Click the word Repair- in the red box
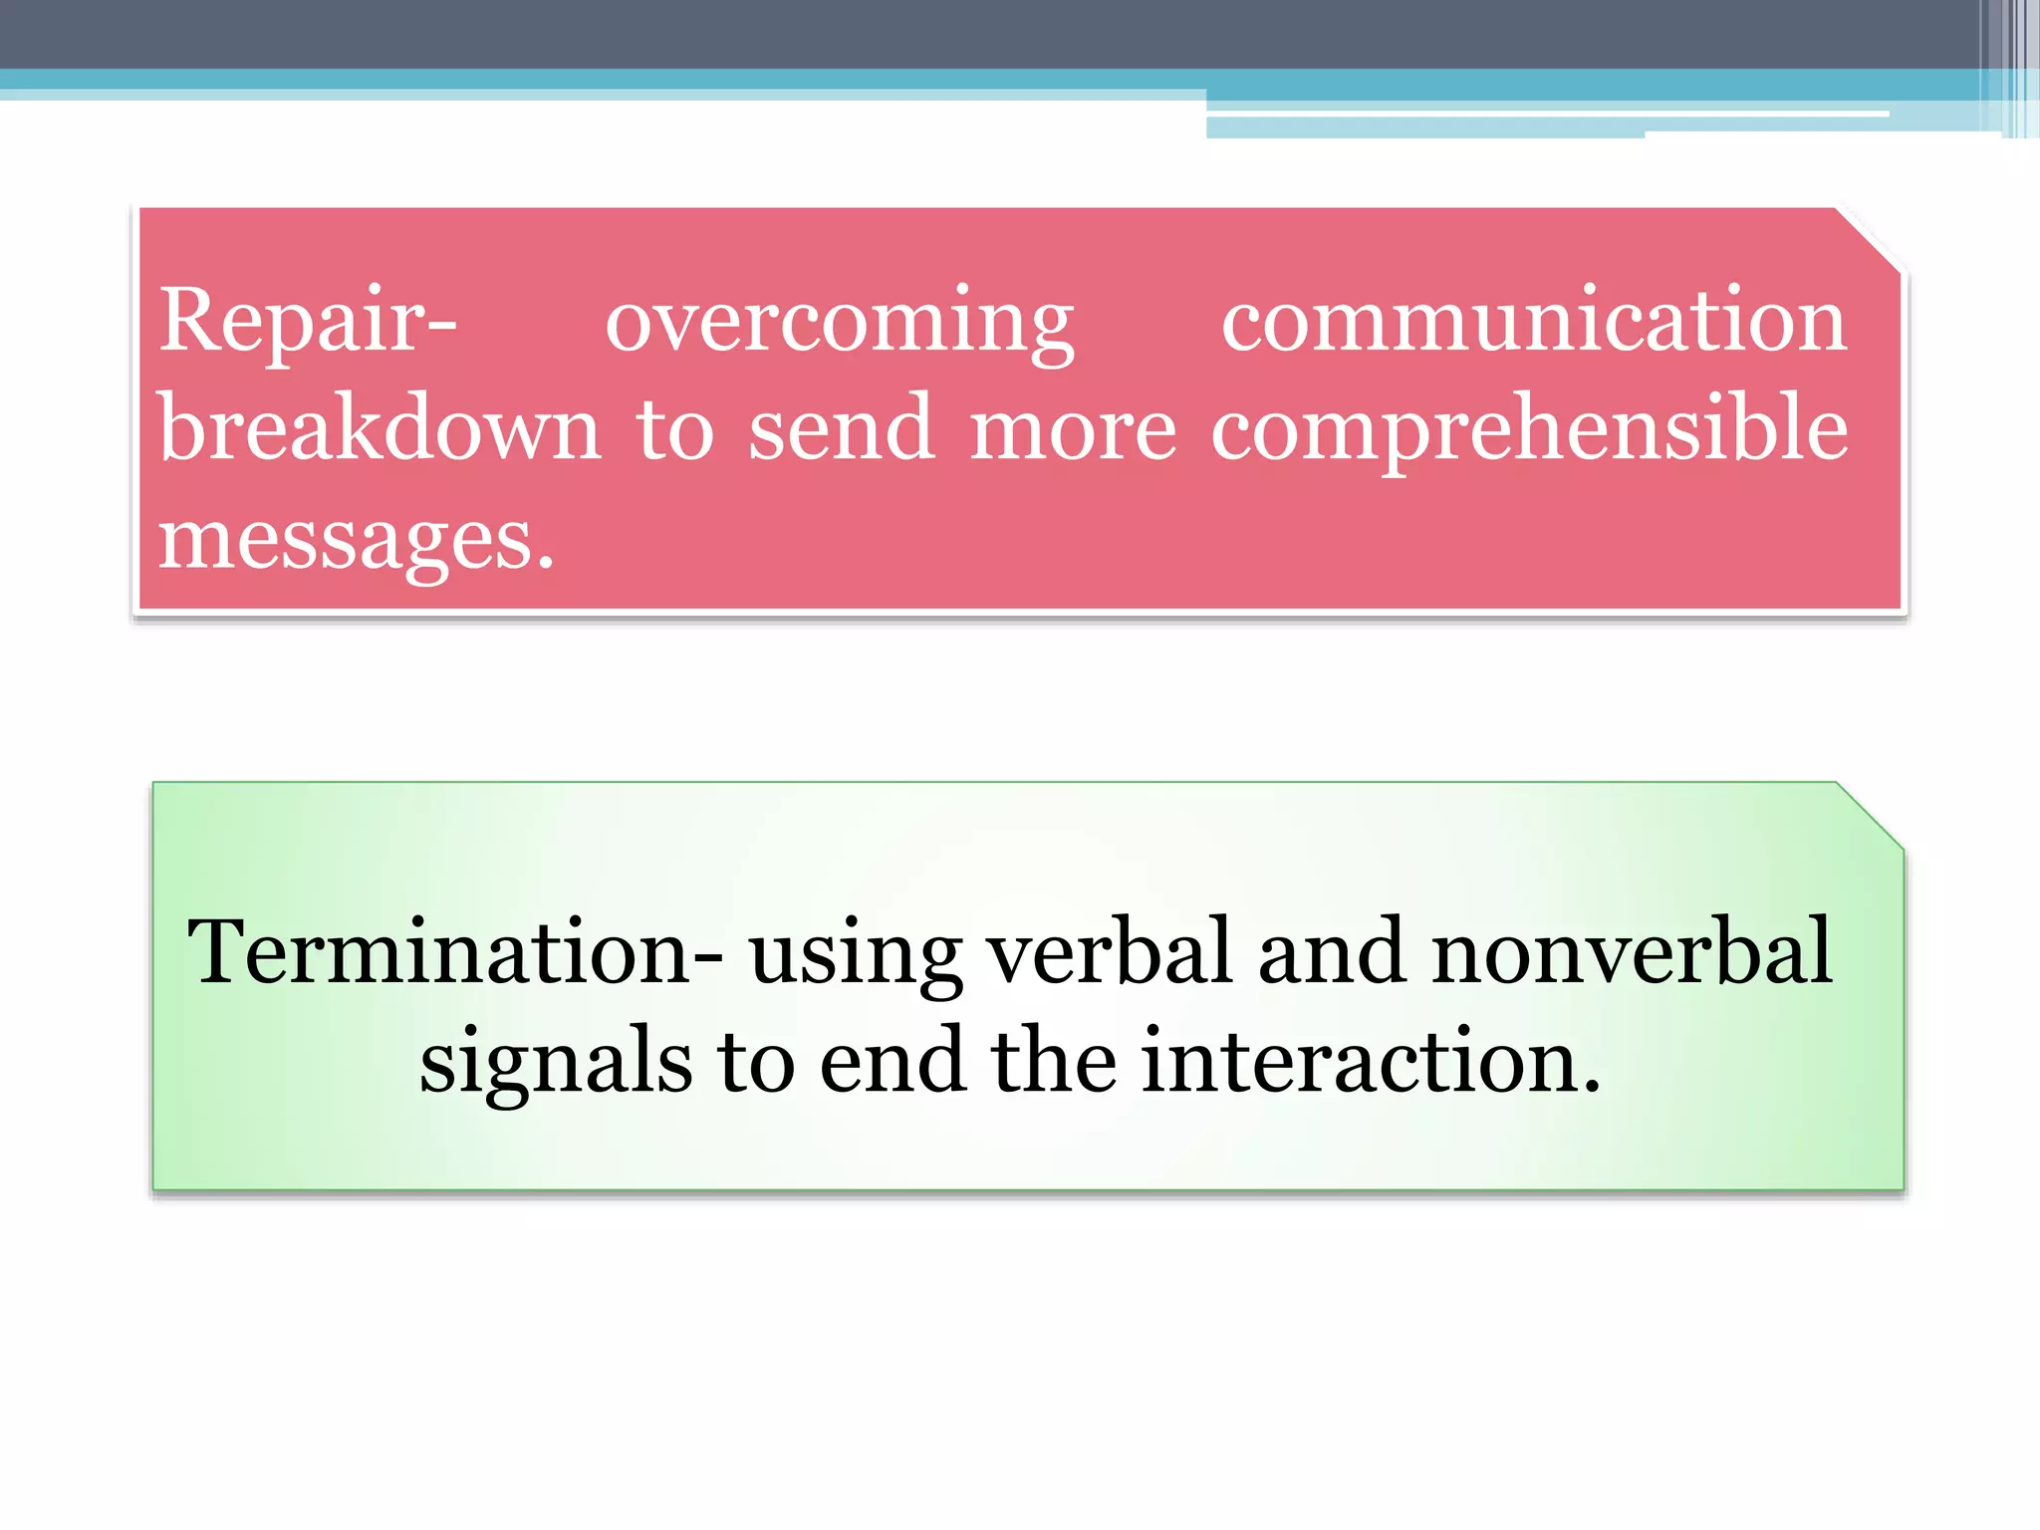(x=308, y=321)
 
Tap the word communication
(x=1534, y=321)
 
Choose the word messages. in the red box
(x=356, y=540)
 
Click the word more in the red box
(x=1073, y=431)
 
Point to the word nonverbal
(x=1632, y=952)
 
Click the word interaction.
(x=1371, y=1062)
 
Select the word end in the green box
(x=892, y=1062)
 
